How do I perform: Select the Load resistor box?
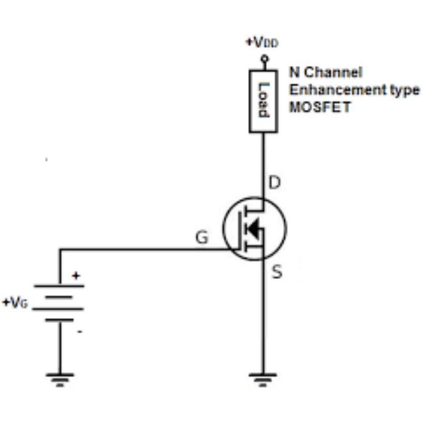point(263,101)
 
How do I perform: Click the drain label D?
point(275,184)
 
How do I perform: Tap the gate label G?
point(202,238)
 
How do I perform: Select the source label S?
point(276,272)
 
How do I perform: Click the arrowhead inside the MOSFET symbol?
point(254,229)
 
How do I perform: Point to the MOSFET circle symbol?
point(254,228)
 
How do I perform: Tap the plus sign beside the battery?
point(75,275)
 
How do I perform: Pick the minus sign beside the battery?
point(79,331)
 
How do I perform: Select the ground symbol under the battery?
point(59,379)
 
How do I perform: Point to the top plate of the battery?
point(59,286)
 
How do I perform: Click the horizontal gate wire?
point(142,250)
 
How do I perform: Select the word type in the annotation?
point(403,90)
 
